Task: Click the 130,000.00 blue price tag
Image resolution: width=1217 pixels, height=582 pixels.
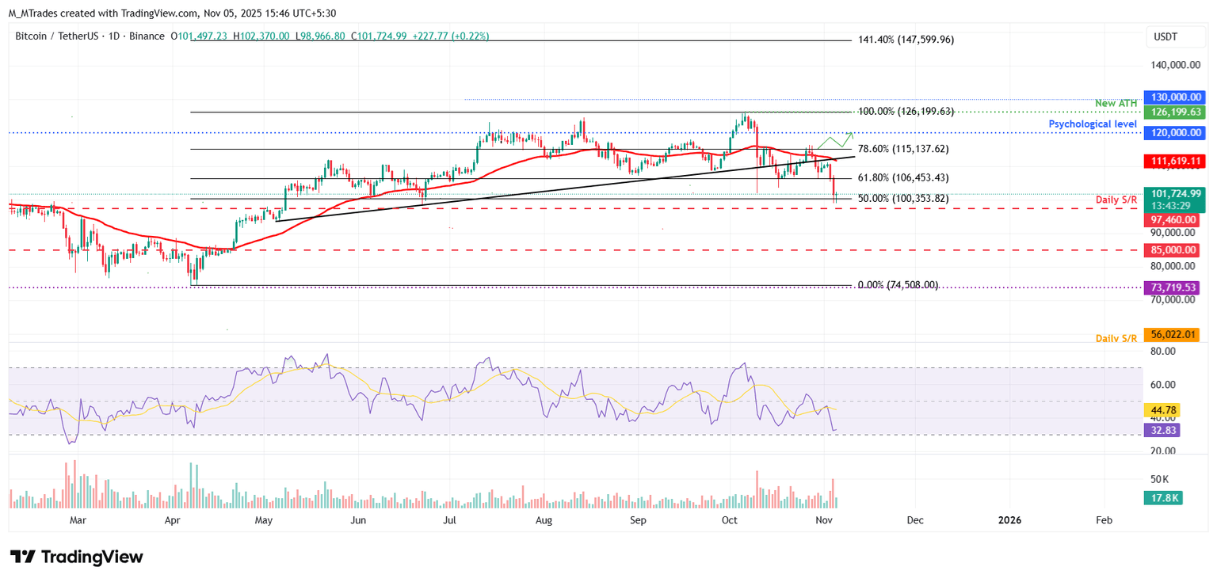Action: coord(1171,97)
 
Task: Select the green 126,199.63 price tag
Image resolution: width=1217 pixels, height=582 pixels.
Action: coord(1171,112)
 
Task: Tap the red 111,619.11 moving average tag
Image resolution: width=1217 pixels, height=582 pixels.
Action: coord(1171,161)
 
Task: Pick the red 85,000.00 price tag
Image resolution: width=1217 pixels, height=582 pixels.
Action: coord(1171,250)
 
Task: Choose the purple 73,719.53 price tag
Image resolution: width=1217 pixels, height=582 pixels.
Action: coord(1171,287)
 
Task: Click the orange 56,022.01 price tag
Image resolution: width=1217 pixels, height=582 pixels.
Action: coord(1171,335)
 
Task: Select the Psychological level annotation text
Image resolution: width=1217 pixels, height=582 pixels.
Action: coord(1093,124)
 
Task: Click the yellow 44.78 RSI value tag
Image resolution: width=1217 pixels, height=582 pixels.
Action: coord(1162,410)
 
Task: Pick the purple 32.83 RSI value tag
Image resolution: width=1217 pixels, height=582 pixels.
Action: coord(1162,430)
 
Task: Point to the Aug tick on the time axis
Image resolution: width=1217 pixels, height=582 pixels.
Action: coord(544,520)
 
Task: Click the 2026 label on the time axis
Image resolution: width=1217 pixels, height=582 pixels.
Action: coord(1009,520)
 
